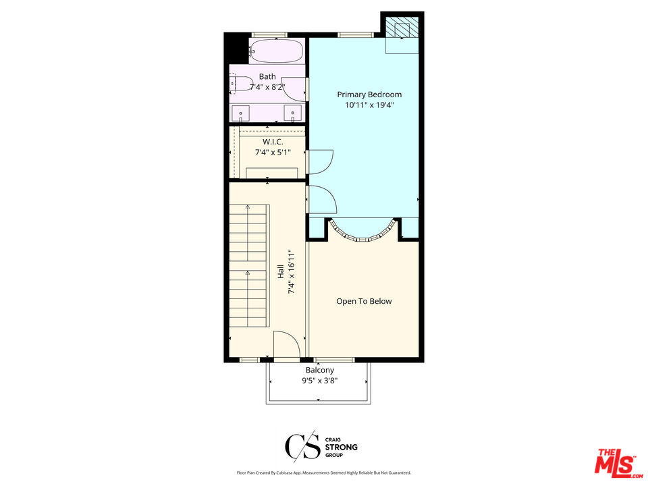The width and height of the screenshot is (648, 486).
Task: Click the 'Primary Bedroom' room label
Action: click(369, 94)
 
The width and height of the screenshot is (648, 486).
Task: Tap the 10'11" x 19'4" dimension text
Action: click(369, 105)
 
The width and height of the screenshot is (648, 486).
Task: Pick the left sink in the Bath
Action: click(240, 112)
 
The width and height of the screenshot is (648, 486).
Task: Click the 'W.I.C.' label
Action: click(273, 142)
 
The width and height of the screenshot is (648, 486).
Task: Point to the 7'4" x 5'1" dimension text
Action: click(273, 153)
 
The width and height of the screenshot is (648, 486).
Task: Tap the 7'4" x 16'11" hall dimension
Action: click(292, 271)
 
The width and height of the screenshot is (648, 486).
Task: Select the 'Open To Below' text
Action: click(364, 301)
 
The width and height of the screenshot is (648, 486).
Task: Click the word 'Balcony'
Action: click(320, 370)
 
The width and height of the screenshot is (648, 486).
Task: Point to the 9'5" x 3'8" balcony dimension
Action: click(320, 381)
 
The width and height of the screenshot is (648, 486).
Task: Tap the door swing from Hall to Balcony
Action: click(286, 344)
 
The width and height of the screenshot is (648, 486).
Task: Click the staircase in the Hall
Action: click(249, 270)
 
